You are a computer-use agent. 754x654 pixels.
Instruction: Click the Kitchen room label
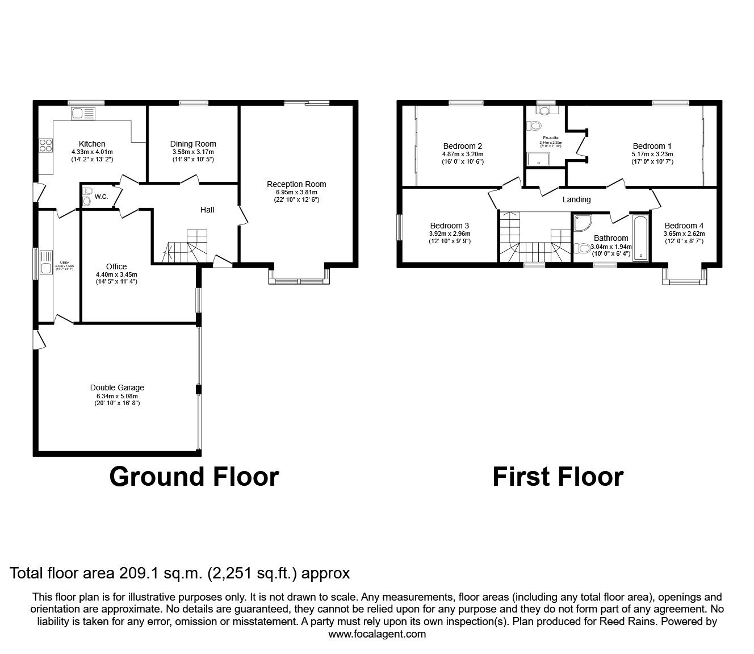[92, 144]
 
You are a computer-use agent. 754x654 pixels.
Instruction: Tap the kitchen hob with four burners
[45, 145]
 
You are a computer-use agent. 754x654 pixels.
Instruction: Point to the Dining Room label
[193, 144]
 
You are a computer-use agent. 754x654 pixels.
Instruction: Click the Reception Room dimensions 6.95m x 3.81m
[296, 192]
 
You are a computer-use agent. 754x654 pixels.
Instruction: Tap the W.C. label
[102, 197]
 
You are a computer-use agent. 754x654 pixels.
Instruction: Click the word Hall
[207, 210]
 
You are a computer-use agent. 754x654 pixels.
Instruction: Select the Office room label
[116, 266]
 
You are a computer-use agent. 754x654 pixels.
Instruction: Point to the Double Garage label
[117, 388]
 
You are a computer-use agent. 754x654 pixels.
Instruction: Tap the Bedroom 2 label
[463, 146]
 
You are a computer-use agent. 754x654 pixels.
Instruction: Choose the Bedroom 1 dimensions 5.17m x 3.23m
[652, 154]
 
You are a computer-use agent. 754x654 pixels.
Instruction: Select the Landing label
[576, 199]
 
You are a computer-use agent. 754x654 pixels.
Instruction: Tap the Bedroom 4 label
[684, 226]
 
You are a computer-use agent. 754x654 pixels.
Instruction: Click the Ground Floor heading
[194, 477]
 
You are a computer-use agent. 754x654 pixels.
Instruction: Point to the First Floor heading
[558, 477]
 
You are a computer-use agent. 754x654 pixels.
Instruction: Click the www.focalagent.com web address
[377, 634]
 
